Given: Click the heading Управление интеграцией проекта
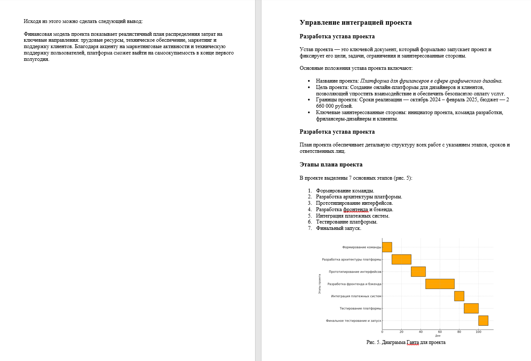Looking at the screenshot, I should (355, 23).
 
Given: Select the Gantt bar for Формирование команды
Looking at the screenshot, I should (387, 247).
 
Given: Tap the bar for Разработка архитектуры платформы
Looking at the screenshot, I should (401, 259).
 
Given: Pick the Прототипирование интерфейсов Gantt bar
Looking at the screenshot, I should (418, 272).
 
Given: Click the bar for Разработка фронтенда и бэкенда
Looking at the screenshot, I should (440, 284).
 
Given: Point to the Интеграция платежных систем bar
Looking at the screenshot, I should (459, 296).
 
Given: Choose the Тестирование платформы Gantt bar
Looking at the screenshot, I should (471, 308).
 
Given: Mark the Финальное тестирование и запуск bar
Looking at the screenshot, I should (483, 321).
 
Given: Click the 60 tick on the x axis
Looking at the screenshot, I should (440, 332).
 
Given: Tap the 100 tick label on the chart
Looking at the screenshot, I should (478, 332).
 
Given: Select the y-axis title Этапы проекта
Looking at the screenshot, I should (320, 284).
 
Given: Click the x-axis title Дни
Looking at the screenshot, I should (438, 336).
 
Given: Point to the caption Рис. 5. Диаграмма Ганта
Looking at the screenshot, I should (406, 342).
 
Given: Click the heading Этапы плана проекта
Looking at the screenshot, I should (331, 165).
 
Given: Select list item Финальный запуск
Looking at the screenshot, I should (338, 228).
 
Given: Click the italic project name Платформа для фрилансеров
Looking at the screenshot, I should (431, 80).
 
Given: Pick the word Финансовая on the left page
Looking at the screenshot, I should (37, 34).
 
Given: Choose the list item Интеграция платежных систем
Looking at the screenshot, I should (352, 216).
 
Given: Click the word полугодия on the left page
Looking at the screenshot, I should (37, 59).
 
